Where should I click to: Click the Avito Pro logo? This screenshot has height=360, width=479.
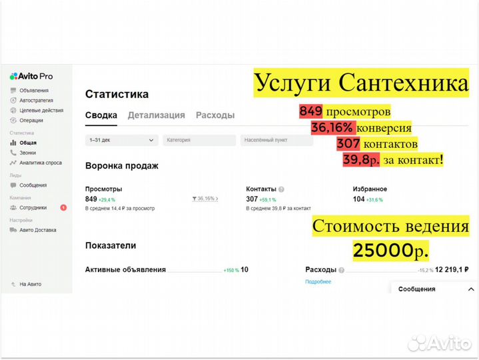coord(31,77)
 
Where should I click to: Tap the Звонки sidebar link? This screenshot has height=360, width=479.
coord(27,153)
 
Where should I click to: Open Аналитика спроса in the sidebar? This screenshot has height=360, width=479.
coord(40,163)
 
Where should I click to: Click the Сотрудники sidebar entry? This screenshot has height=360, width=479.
coord(33,207)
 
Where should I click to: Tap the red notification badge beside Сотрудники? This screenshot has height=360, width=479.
coord(63,207)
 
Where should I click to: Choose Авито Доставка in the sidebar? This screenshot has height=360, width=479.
coord(37,230)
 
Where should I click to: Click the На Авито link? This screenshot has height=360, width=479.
coord(29,284)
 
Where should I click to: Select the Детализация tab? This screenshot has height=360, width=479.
coord(156,115)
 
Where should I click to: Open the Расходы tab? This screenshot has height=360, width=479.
coord(215,115)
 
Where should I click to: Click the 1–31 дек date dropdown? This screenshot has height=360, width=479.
coord(122,140)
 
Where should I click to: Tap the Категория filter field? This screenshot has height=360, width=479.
coord(199,140)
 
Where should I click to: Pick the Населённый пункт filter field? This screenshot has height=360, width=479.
coord(276,140)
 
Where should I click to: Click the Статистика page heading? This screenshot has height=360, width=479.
coord(117,94)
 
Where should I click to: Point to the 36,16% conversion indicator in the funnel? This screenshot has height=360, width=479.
coord(205,199)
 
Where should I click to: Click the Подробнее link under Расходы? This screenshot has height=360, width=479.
coord(318,282)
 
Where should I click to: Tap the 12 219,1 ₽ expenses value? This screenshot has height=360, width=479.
coord(452,270)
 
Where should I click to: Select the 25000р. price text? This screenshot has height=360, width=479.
coord(390,251)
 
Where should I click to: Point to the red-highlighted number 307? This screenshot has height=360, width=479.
coord(348,144)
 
